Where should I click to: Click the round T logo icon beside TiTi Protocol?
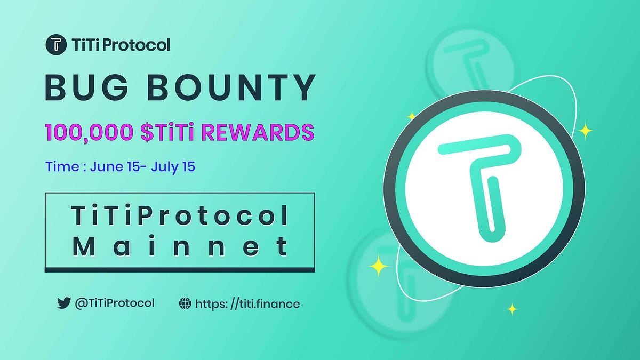pos(55,45)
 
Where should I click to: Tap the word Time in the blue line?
pos(62,166)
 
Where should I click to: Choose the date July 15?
pos(173,166)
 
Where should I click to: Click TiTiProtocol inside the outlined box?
pos(180,216)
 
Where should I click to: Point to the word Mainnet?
pos(180,246)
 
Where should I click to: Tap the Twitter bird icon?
pos(64,303)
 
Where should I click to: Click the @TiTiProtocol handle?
pos(115,303)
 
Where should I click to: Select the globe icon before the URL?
pos(185,304)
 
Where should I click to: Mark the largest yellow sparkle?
pos(379,266)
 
